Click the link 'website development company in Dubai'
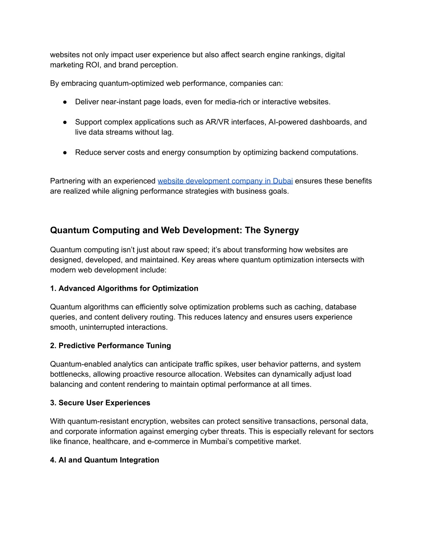click(x=225, y=181)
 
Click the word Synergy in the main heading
click(x=283, y=230)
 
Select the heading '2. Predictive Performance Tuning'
click(x=110, y=346)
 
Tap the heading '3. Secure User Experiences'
click(x=100, y=403)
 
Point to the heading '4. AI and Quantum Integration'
click(x=104, y=460)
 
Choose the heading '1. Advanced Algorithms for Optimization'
click(x=124, y=289)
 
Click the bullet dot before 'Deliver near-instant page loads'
click(x=65, y=102)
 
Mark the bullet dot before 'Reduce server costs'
click(x=65, y=153)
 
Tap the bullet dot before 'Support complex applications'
click(x=65, y=122)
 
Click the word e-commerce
click(x=171, y=442)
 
